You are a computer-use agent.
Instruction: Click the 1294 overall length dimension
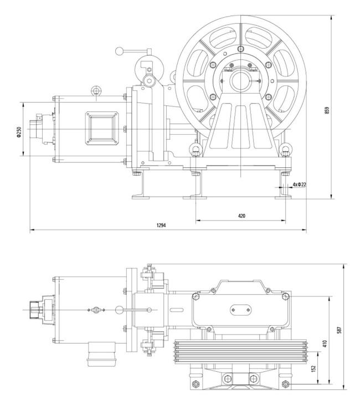pos(161,225)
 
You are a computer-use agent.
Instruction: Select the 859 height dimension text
pos(327,111)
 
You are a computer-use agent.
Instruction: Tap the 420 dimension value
pos(241,216)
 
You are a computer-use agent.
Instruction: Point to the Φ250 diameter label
pos(19,132)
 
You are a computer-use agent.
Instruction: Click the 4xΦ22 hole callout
pos(299,184)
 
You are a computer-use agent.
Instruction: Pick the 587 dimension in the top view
pos(340,330)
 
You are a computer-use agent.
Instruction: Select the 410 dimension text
pos(325,344)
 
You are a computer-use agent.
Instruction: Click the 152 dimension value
pos(313,368)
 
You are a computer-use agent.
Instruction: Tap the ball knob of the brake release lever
pos(119,51)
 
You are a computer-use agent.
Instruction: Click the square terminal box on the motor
pos(102,129)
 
